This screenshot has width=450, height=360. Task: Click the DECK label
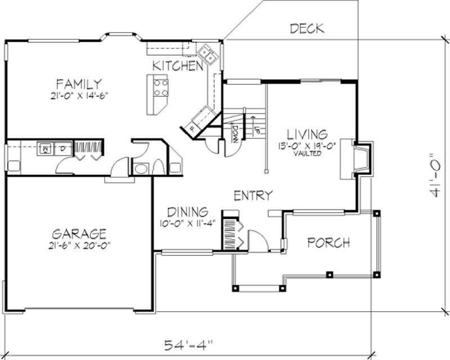pos(307,28)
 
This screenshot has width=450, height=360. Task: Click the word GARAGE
pos(79,233)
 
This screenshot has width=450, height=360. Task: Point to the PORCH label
pos(329,243)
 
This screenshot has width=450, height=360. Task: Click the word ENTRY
pos(253,196)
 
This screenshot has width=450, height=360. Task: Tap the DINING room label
pos(188,212)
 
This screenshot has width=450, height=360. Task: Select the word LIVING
pos(307,134)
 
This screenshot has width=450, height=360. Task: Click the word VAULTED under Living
pos(307,154)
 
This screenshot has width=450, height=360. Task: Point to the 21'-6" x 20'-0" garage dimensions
pos(79,245)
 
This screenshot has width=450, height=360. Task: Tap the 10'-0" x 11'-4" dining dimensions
pos(188,222)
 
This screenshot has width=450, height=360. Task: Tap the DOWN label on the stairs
pos(234,132)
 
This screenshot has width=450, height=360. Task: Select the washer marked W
pos(45,149)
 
